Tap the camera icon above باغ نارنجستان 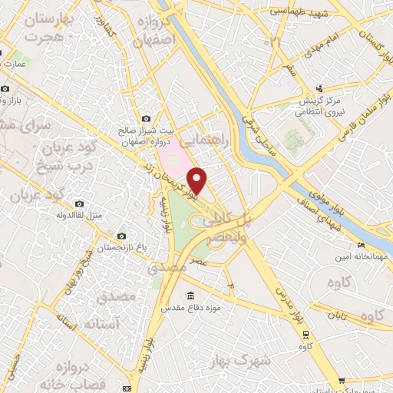121,236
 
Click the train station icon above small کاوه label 306,334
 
